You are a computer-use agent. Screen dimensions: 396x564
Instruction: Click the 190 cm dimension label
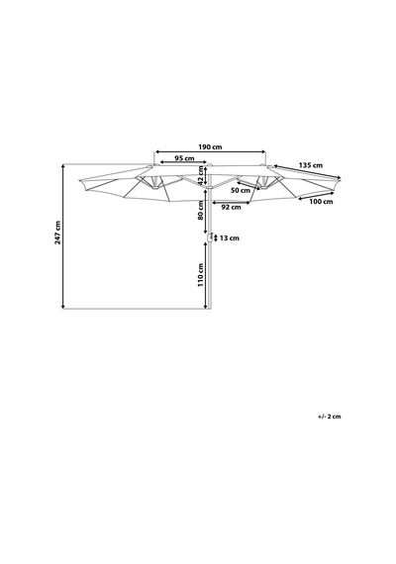click(x=210, y=146)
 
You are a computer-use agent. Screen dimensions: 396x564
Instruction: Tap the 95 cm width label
click(x=184, y=158)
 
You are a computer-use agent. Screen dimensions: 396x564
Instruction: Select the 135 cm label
click(x=311, y=165)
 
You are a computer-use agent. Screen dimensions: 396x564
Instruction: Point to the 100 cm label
click(x=321, y=202)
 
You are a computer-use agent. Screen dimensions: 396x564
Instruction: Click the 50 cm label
click(x=241, y=190)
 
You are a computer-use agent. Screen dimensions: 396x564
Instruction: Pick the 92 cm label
click(x=231, y=207)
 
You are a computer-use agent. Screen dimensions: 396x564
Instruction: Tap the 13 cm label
click(x=230, y=238)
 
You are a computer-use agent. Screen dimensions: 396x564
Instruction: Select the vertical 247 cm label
click(x=57, y=233)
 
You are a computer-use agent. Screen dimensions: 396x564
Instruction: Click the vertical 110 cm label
click(x=201, y=275)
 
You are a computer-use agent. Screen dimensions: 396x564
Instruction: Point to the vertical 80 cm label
click(x=201, y=211)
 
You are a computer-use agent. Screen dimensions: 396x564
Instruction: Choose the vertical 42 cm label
click(x=201, y=175)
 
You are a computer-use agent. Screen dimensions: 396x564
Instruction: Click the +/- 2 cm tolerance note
click(x=329, y=417)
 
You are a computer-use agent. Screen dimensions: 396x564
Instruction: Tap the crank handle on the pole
click(x=209, y=237)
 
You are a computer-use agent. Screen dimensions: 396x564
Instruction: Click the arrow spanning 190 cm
click(x=210, y=152)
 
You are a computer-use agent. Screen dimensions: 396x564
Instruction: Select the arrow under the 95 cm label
click(x=183, y=162)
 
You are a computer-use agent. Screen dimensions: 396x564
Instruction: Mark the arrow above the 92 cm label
click(x=231, y=203)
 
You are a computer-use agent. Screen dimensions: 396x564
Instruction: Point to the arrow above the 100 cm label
click(x=316, y=196)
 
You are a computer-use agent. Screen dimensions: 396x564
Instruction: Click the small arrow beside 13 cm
click(x=215, y=237)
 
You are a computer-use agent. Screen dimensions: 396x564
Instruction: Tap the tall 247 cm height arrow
click(x=63, y=236)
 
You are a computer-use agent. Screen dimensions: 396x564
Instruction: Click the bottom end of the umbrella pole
click(x=209, y=309)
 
